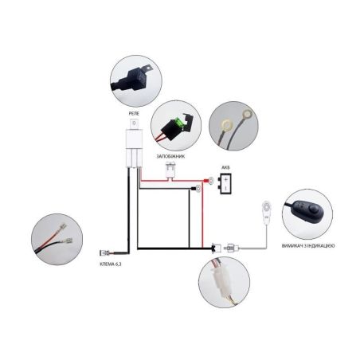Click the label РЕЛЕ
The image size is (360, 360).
[134, 113]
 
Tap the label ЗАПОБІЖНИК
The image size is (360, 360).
[170, 156]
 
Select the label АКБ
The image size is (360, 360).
[225, 167]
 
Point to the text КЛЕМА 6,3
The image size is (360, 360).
[110, 264]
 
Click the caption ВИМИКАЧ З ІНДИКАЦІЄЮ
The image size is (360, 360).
[308, 246]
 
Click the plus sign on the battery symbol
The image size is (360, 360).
[225, 179]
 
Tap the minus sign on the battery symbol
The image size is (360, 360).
[225, 188]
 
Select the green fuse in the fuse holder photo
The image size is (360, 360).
[179, 122]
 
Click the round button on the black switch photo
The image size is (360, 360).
[315, 209]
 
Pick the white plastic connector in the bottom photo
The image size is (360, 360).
[220, 280]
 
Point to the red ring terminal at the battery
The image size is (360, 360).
[210, 181]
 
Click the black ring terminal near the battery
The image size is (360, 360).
[197, 189]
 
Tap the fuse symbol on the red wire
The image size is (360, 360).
[170, 170]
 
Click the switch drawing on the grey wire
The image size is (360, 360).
[266, 213]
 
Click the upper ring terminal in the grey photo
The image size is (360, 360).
[247, 115]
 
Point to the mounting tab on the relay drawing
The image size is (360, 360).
[135, 124]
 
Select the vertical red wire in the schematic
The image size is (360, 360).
[202, 215]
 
